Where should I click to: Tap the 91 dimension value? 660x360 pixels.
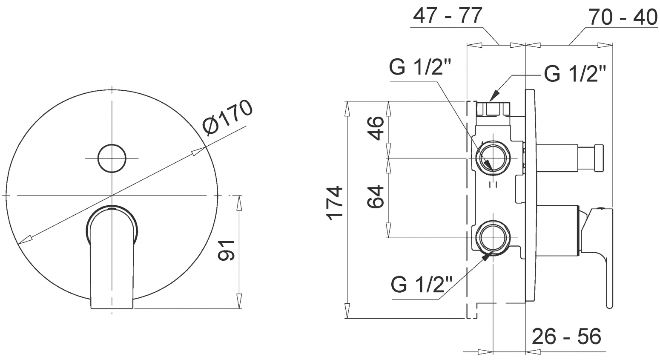[226, 251]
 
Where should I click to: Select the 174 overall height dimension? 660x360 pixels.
[335, 203]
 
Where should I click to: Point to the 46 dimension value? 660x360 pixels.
[376, 128]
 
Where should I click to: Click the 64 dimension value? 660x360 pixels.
[376, 197]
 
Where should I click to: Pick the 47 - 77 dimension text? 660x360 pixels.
[448, 15]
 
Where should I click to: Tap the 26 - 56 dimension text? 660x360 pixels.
[566, 336]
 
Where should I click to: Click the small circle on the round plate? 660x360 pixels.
[112, 158]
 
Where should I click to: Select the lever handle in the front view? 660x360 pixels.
[112, 257]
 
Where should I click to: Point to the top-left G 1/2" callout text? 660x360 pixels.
[420, 67]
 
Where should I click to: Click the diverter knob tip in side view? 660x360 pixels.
[599, 158]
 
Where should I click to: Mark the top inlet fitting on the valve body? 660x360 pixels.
[493, 109]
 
